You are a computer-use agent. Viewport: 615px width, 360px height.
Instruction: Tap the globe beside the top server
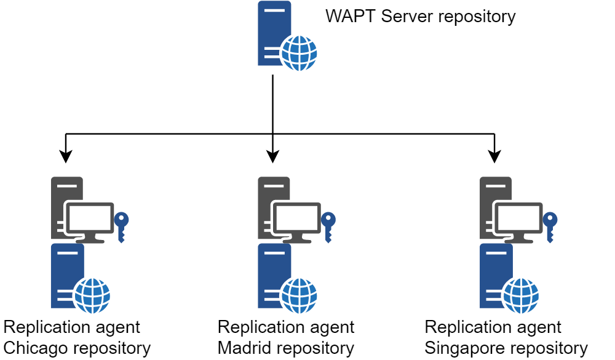(299, 53)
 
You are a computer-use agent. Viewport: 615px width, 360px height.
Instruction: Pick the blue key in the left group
(121, 225)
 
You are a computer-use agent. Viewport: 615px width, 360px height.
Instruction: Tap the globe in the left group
(92, 295)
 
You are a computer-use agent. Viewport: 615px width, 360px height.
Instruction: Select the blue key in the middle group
(328, 225)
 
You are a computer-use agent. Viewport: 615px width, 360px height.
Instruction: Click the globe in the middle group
(299, 295)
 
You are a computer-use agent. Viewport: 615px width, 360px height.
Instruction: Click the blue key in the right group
(550, 225)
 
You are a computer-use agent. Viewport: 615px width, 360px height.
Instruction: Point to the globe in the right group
(521, 295)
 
